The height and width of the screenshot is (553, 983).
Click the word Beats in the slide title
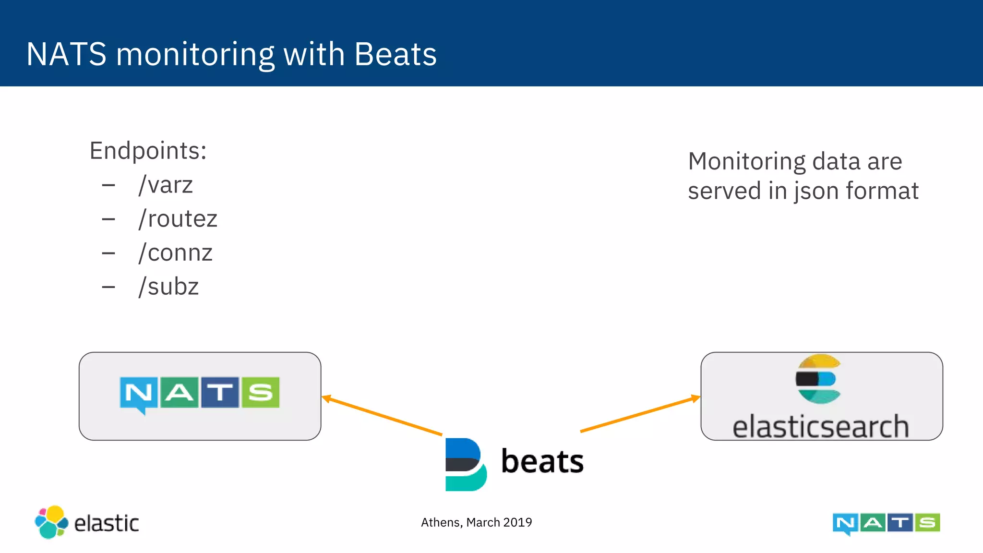point(395,54)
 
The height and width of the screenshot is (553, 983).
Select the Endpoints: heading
point(148,151)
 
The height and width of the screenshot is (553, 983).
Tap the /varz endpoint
point(166,185)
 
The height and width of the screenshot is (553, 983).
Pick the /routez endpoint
point(178,219)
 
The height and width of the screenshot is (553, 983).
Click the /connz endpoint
point(175,253)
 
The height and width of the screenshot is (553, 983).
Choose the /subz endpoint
point(168,287)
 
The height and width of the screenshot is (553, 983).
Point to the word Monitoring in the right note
point(746,161)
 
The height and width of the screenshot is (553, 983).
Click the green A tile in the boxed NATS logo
point(179,393)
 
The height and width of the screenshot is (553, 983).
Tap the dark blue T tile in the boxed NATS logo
point(220,393)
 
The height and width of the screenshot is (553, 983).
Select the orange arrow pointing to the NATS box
point(382,416)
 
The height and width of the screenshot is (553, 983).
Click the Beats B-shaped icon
point(465,464)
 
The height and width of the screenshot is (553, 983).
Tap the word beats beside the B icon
point(542,461)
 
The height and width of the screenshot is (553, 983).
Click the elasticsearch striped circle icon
point(819,379)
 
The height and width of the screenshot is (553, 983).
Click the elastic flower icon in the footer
point(51,522)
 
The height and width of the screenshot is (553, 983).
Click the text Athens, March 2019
point(476,522)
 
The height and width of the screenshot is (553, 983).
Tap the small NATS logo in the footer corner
point(886,523)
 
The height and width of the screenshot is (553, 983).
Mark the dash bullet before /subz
point(108,287)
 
